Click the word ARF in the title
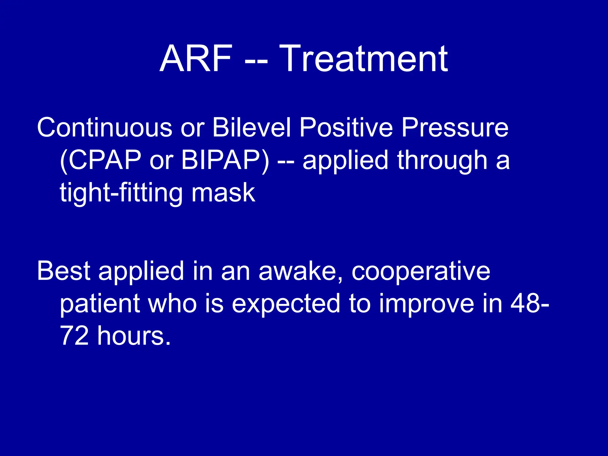click(x=196, y=58)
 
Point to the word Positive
click(x=346, y=128)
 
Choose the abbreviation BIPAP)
click(x=225, y=160)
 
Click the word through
click(x=442, y=160)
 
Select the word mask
click(x=223, y=193)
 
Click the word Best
click(x=64, y=271)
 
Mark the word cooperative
click(x=421, y=271)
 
